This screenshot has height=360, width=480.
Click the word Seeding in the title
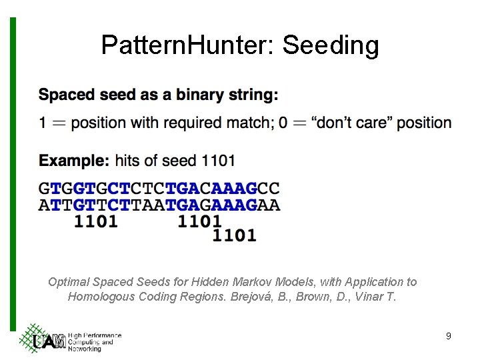click(331, 45)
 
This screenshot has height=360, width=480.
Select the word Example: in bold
click(73, 161)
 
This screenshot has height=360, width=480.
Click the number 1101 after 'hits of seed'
click(218, 161)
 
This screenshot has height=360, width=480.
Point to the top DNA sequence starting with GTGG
click(159, 189)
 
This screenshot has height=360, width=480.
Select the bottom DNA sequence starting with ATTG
click(159, 205)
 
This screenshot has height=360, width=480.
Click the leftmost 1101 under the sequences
click(96, 221)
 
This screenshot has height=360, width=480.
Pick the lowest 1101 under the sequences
click(234, 235)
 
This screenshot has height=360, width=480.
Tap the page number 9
click(449, 336)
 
